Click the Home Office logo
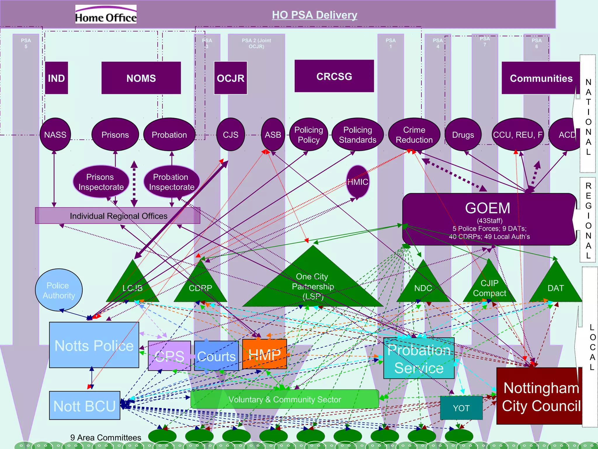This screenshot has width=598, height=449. click(106, 14)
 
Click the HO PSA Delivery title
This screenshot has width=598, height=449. click(314, 15)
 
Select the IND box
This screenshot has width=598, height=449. click(56, 78)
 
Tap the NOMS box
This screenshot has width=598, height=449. click(141, 78)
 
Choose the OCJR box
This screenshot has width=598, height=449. click(230, 78)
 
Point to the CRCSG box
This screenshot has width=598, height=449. click(334, 76)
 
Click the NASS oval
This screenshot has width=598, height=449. click(55, 135)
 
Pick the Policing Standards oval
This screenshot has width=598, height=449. click(357, 135)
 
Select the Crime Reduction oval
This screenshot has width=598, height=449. click(414, 135)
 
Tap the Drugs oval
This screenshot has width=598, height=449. click(463, 135)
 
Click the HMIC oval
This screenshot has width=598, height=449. click(358, 182)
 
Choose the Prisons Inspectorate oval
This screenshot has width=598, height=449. click(101, 182)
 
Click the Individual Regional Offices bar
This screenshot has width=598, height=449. click(118, 216)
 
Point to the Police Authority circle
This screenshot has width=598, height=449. click(59, 290)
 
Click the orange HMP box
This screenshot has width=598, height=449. click(265, 354)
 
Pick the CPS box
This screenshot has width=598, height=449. click(169, 356)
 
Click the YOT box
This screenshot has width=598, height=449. click(461, 408)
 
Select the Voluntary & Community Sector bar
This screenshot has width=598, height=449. click(285, 399)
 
